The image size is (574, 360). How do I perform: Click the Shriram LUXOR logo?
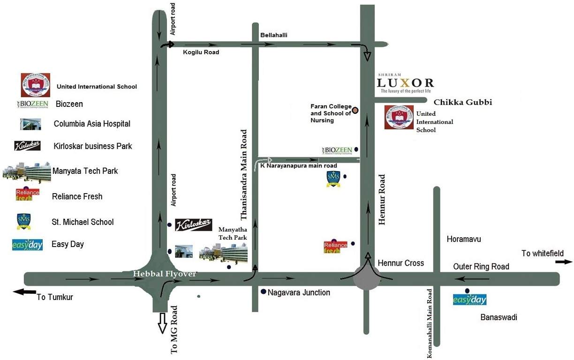[406, 83]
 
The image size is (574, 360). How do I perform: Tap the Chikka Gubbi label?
[462, 102]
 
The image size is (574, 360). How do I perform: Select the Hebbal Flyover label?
[164, 274]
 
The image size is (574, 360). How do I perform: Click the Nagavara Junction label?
[299, 292]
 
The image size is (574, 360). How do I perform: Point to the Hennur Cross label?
[400, 263]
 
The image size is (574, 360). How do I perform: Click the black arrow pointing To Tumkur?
[24, 292]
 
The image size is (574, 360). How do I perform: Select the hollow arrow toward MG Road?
[162, 323]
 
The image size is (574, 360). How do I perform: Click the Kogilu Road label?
[201, 52]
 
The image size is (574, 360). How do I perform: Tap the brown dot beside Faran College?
[355, 111]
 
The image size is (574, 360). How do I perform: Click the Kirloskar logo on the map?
[193, 225]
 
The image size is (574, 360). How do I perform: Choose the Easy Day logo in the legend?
[27, 245]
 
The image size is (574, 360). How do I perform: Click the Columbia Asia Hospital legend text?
[92, 124]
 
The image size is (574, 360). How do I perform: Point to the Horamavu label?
[464, 239]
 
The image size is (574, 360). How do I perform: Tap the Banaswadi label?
[498, 317]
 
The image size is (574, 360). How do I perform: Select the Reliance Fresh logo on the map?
[335, 247]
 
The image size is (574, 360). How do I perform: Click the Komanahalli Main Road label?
[429, 323]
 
